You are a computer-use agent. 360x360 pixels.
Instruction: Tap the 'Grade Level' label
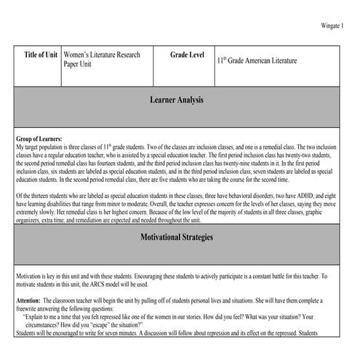click(x=187, y=55)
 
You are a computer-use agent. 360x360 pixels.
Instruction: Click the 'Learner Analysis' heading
click(x=177, y=99)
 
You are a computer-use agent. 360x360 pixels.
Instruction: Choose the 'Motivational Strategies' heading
click(x=177, y=237)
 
